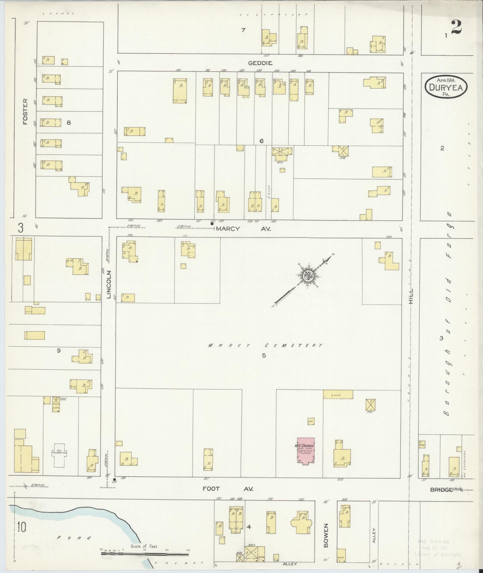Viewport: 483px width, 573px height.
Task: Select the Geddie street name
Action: click(x=260, y=63)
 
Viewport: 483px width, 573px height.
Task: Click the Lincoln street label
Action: click(x=109, y=285)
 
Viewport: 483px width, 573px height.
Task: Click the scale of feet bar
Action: click(x=145, y=554)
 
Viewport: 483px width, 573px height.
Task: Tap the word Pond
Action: click(x=74, y=538)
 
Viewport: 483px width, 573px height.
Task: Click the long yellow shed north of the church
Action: click(x=338, y=394)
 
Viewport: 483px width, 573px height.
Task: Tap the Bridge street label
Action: click(x=441, y=489)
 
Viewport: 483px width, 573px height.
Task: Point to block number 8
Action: click(x=69, y=123)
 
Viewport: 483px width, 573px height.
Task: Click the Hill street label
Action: click(x=411, y=297)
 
